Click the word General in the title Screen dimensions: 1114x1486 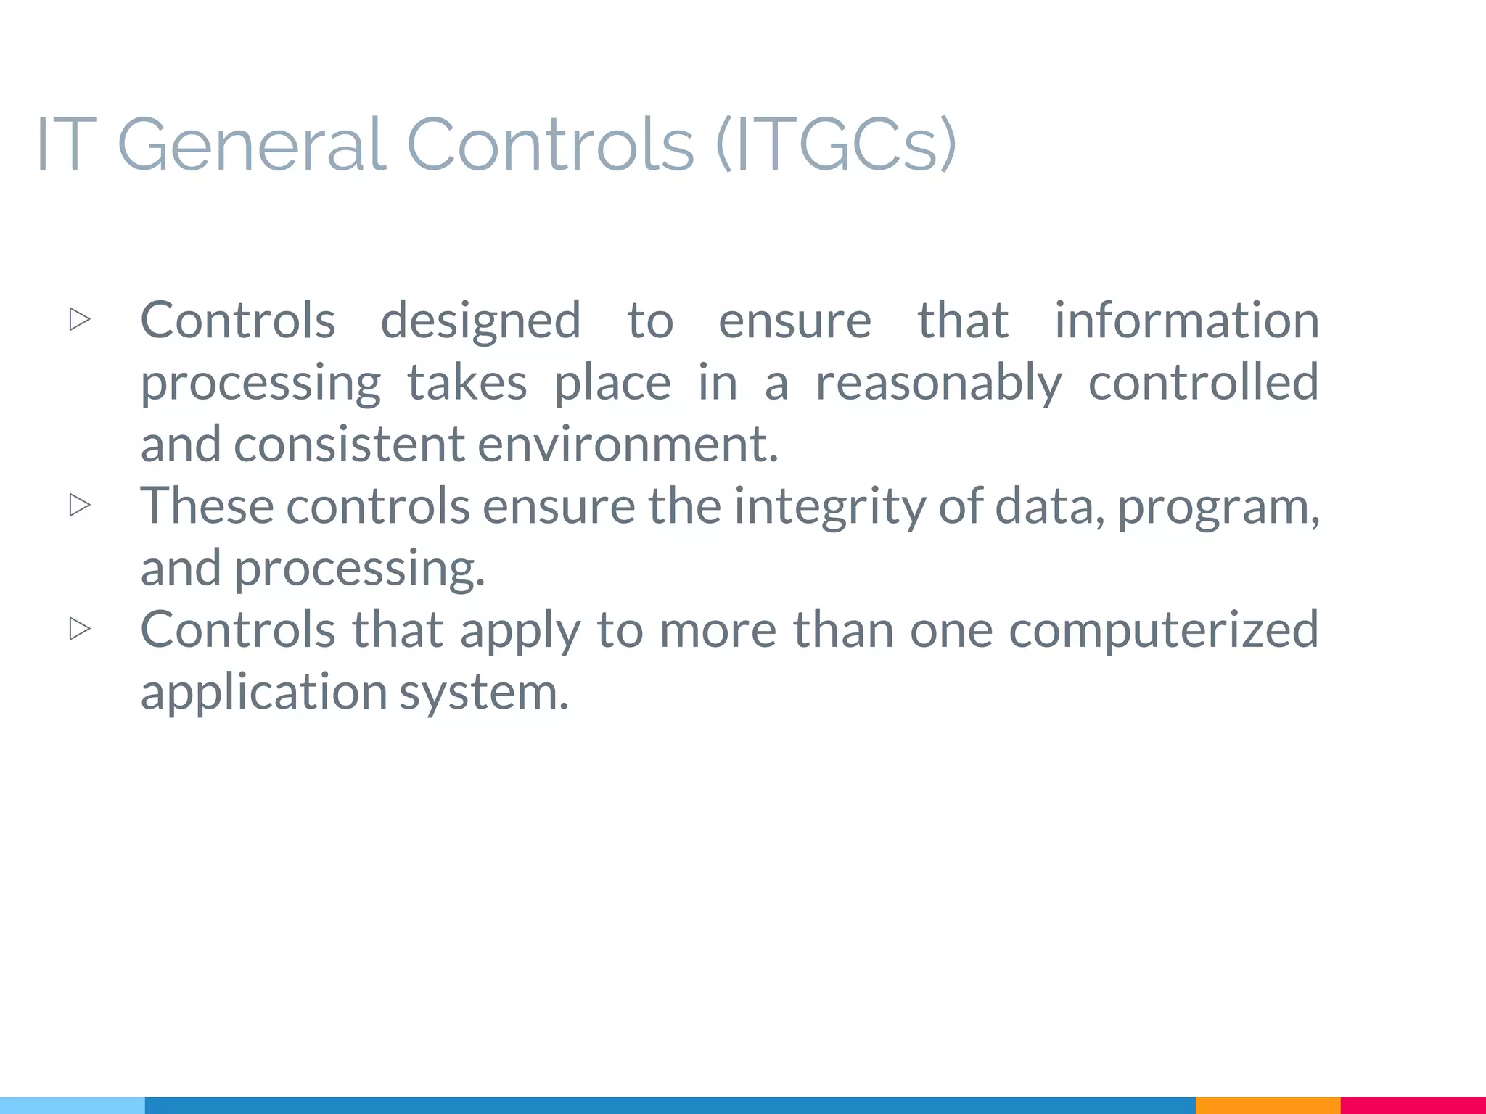pos(251,145)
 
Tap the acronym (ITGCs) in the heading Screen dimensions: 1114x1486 pos(836,145)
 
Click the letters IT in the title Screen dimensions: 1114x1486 pos(65,145)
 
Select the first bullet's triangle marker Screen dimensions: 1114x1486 pos(80,319)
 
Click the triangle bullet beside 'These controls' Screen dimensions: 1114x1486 pos(80,505)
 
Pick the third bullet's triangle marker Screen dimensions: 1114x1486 pos(80,629)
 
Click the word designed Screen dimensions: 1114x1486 pos(480,321)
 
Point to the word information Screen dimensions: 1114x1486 pos(1186,320)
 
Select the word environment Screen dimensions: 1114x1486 pos(628,444)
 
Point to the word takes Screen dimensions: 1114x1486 pos(467,382)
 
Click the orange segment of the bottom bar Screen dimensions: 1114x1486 pos(1267,1105)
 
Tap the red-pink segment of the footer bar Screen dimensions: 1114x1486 pos(1413,1105)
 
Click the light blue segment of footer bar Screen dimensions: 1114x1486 pos(73,1105)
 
